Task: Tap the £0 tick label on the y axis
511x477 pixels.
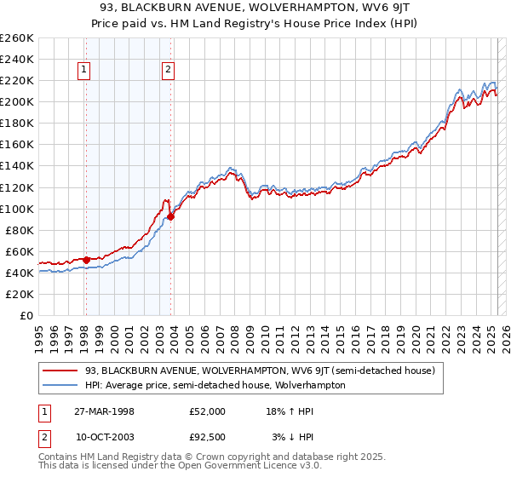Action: pos(26,316)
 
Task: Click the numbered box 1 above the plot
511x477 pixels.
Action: pos(85,71)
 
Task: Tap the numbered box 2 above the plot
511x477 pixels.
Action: pos(169,71)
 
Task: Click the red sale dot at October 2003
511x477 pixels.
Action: pos(170,216)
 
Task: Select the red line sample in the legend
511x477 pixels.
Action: pos(60,371)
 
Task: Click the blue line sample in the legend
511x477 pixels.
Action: pos(60,385)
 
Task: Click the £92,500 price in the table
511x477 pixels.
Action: pos(207,437)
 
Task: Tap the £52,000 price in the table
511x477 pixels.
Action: pos(207,411)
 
